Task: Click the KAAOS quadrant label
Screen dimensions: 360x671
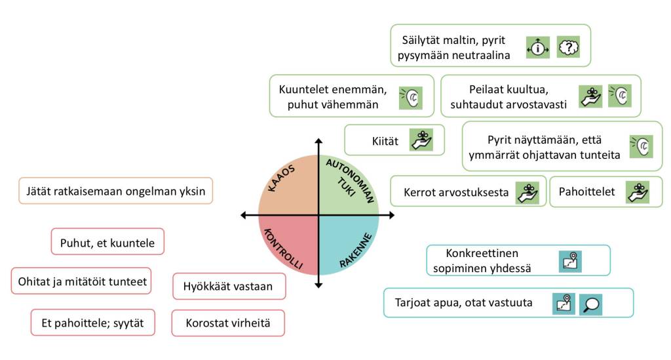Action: click(x=282, y=178)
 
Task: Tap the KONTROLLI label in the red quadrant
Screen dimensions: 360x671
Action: click(x=282, y=249)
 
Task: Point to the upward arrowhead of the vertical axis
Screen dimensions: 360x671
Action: click(x=319, y=142)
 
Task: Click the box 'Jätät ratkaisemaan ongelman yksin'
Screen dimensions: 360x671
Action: click(x=116, y=191)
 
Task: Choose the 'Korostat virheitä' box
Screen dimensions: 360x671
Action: click(x=228, y=323)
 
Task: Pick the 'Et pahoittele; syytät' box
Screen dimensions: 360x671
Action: click(x=93, y=323)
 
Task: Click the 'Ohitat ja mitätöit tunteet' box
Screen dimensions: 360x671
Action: click(x=81, y=281)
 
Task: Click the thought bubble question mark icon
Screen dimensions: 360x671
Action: click(x=569, y=47)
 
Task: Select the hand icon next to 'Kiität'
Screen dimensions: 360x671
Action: click(x=422, y=140)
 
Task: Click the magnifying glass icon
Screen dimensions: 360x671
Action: click(x=590, y=304)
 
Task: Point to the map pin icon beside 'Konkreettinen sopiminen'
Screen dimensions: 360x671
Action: click(x=569, y=261)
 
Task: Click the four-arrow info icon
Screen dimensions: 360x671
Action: click(x=538, y=47)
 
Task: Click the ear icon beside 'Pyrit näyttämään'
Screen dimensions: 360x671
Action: click(x=642, y=146)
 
